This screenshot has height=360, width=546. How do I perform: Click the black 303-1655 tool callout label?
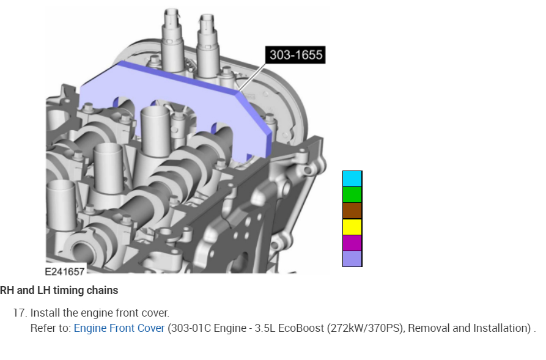[295, 54]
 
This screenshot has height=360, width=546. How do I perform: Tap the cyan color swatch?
[352, 178]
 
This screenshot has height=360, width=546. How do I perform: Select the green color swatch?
[352, 194]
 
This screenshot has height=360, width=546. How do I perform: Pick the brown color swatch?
[352, 211]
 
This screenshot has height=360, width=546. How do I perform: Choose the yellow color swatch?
[352, 227]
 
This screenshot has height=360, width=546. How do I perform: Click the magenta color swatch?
[352, 243]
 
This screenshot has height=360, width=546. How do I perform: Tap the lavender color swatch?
[352, 259]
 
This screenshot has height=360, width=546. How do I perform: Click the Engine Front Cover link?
[119, 328]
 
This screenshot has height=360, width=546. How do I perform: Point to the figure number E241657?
[65, 271]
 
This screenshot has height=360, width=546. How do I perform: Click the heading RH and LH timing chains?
[59, 290]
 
